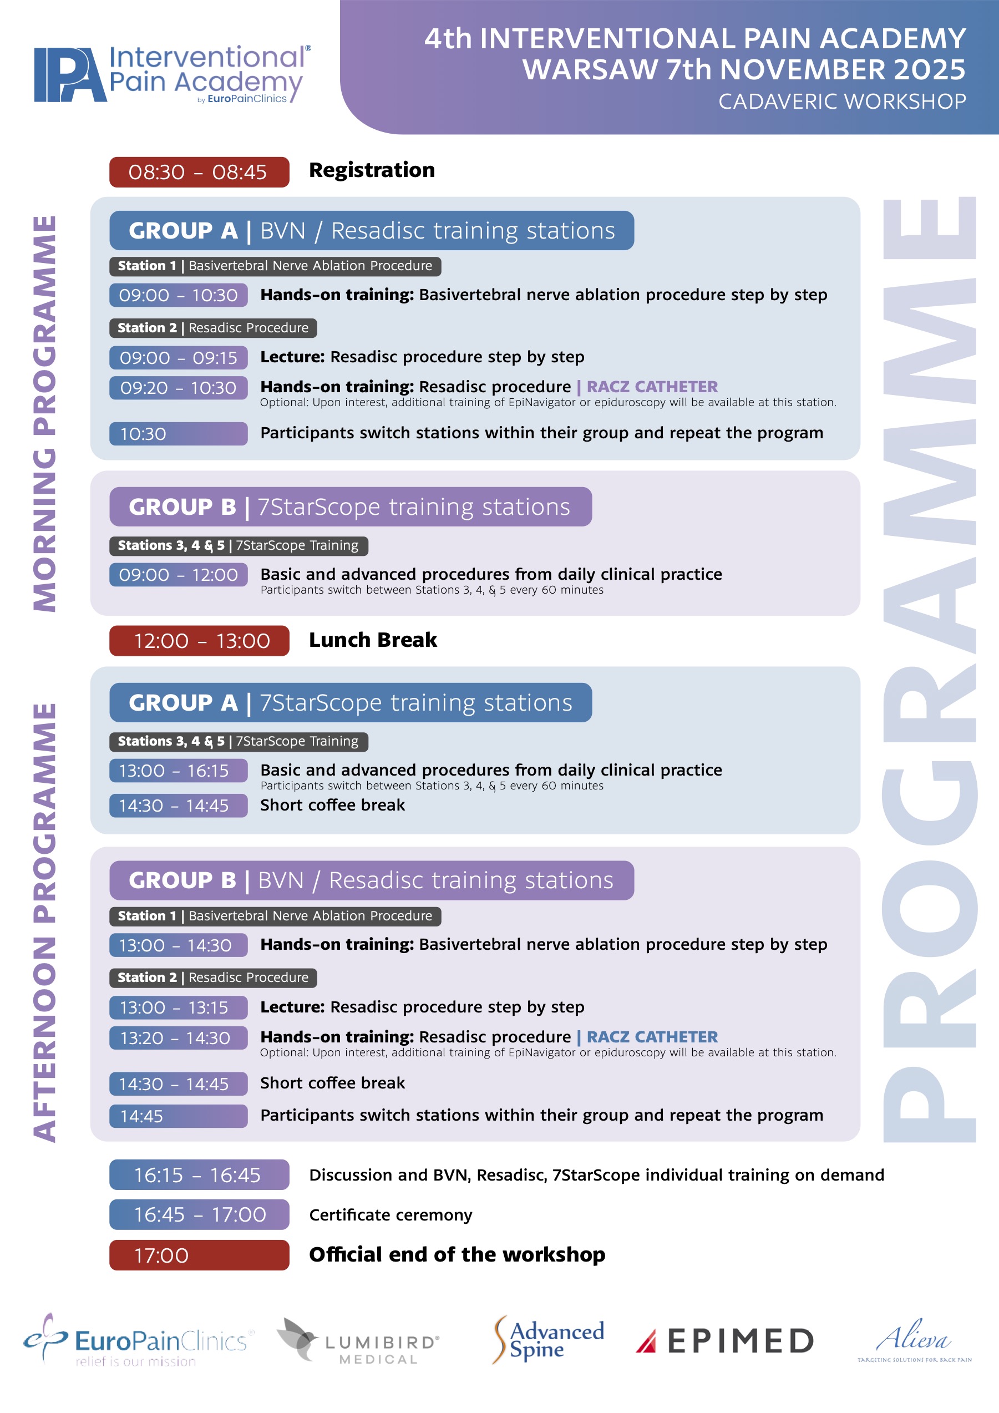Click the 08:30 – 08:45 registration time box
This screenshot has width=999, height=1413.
tap(199, 173)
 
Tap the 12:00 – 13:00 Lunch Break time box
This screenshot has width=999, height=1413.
tap(199, 641)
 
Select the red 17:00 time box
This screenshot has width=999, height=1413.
tap(199, 1255)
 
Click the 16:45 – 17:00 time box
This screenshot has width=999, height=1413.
tap(199, 1214)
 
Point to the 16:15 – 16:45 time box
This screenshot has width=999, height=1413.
tap(199, 1175)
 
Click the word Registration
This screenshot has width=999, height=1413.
tap(372, 170)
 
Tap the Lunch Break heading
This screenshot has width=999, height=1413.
tap(373, 640)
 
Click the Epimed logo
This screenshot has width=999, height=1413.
tap(724, 1341)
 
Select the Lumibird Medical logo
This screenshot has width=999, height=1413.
tap(359, 1341)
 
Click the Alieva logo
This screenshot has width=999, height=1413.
tap(914, 1340)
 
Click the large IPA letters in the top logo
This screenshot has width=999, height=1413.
tap(69, 75)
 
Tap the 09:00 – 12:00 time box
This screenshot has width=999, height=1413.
tap(179, 575)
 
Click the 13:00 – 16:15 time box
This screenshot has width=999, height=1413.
tap(179, 771)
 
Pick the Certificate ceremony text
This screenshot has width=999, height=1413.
tap(391, 1215)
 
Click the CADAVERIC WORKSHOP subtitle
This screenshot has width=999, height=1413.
tap(841, 102)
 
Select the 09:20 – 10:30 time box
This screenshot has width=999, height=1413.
tap(179, 388)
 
